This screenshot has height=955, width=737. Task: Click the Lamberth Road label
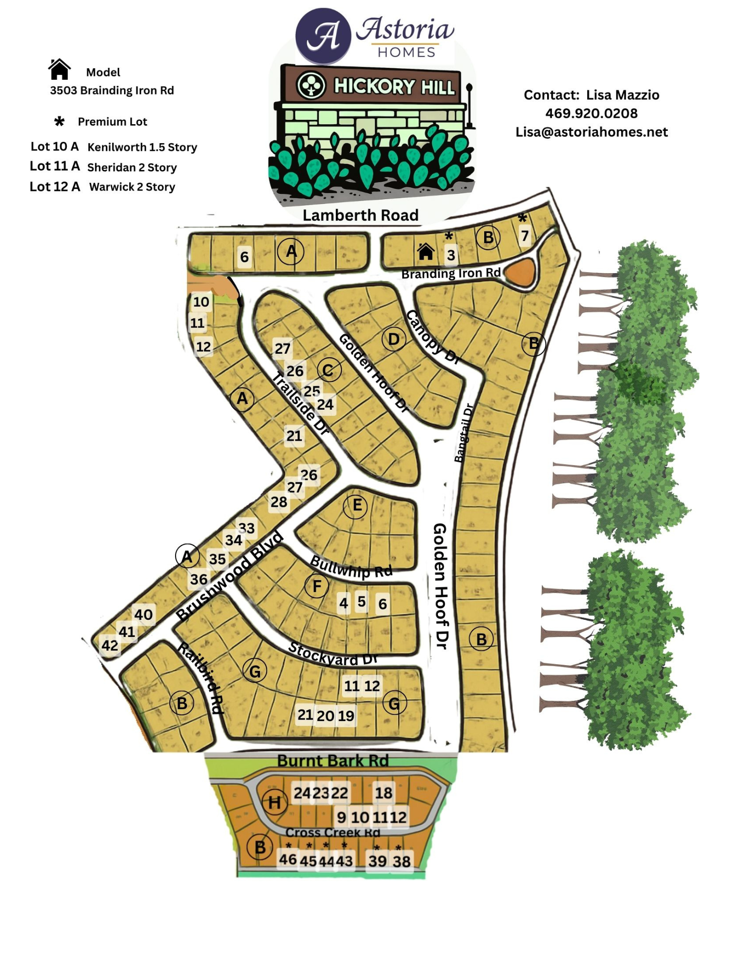coord(360,215)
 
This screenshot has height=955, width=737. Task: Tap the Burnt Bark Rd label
coord(332,760)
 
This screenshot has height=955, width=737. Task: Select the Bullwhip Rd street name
coord(351,567)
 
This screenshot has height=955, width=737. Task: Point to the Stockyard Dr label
coord(332,654)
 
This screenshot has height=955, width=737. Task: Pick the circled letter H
coord(274,803)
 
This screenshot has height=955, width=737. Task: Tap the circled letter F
coord(317,586)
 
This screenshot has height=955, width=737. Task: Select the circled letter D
coord(394,340)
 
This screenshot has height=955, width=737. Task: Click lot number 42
coord(110,646)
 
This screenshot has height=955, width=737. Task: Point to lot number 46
coord(288,859)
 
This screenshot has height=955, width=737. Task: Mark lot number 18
coord(383,793)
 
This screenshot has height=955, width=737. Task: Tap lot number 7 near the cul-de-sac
coord(525,236)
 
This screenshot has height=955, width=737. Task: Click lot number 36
coord(198,579)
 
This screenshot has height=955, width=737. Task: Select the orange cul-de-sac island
coord(520,273)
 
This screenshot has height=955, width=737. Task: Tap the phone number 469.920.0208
coord(591,114)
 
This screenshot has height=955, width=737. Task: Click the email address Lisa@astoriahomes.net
coord(591,132)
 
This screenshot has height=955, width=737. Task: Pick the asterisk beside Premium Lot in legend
coord(59,121)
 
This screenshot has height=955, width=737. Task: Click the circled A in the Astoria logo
coord(323,36)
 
